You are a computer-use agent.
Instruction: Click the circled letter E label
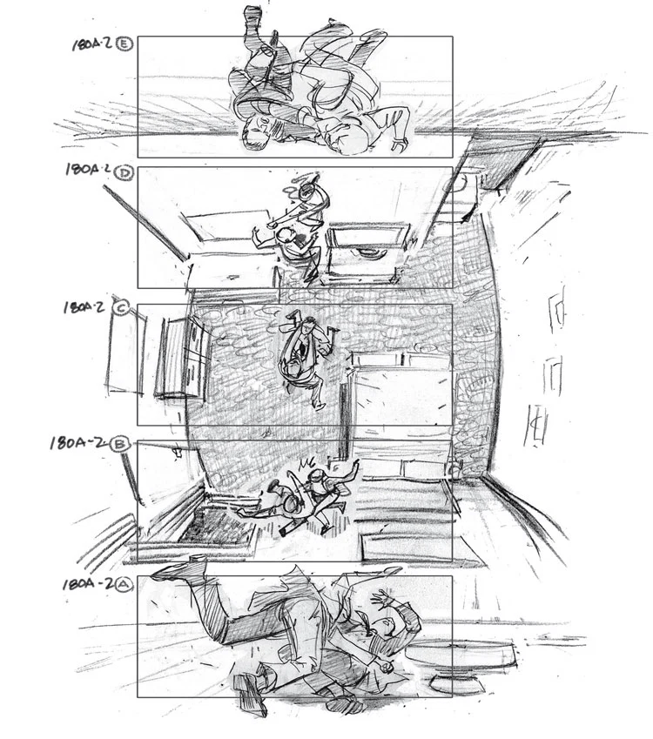(x=126, y=44)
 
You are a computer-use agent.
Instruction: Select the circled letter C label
(x=121, y=308)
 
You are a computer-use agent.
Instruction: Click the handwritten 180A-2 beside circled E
(x=92, y=44)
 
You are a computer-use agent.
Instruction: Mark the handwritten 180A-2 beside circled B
(x=80, y=443)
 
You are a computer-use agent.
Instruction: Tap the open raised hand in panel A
(x=382, y=598)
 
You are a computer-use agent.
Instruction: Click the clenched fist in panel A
(x=387, y=668)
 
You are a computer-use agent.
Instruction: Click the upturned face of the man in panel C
(x=309, y=325)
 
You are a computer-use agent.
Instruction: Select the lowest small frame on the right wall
(x=536, y=427)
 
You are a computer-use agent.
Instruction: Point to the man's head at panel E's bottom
(x=257, y=132)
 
